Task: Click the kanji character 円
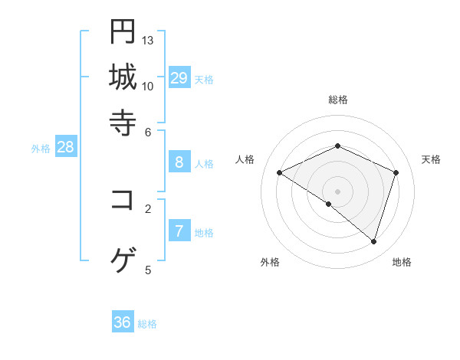click(x=123, y=31)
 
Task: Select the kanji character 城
click(x=123, y=77)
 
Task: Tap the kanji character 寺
click(x=123, y=122)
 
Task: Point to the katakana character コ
click(x=123, y=201)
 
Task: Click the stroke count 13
click(x=148, y=40)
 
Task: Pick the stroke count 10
click(x=148, y=85)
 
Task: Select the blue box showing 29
click(x=179, y=78)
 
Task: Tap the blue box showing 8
click(x=179, y=162)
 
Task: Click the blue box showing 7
click(x=179, y=231)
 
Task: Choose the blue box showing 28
click(x=66, y=148)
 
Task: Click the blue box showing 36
click(x=123, y=322)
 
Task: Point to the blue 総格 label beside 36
click(x=147, y=324)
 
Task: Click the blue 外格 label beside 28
click(x=41, y=149)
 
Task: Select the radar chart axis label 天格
click(x=431, y=159)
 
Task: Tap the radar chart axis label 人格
click(x=245, y=159)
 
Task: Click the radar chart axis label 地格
click(x=402, y=262)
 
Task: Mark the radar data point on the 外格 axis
click(x=329, y=204)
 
